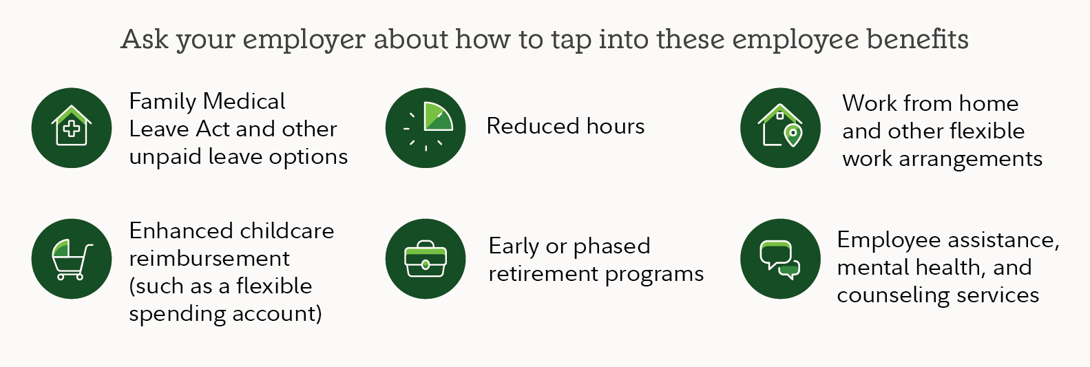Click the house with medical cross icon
click(x=72, y=127)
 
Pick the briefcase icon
click(x=426, y=258)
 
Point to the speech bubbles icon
click(x=780, y=258)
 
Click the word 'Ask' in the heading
click(x=145, y=39)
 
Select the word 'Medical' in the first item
click(x=244, y=101)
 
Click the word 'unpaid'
click(x=165, y=157)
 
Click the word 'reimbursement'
click(x=209, y=258)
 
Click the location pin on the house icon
click(x=793, y=135)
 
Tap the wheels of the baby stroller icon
click(x=70, y=277)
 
